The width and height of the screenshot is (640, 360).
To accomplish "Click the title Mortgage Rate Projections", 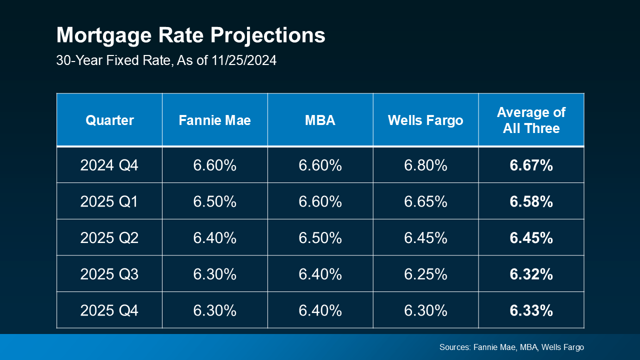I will [190, 36].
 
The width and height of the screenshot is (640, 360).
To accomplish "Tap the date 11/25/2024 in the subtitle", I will [242, 60].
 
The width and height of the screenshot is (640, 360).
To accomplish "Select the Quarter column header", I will [109, 120].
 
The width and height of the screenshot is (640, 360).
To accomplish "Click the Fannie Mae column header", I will [214, 120].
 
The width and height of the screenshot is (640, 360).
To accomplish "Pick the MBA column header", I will [320, 120].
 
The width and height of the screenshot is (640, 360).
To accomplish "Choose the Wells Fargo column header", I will [425, 120].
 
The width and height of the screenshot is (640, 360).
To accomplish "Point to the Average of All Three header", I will [531, 120].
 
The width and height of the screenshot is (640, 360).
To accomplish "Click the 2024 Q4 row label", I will [109, 165].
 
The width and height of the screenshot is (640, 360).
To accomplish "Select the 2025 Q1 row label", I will [109, 201].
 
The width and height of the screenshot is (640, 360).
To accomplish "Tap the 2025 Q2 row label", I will [109, 238].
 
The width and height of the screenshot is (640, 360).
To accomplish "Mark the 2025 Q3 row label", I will [109, 274].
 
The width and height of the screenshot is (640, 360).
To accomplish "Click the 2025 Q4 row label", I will [109, 310].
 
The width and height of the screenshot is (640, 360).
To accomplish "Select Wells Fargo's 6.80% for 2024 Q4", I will [425, 165].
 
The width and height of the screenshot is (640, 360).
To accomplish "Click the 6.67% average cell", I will [531, 165].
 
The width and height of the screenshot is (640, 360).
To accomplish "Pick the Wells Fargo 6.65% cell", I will [425, 201].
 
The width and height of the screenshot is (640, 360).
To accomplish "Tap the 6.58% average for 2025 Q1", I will [531, 201].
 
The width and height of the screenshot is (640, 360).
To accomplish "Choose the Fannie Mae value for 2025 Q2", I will [214, 238].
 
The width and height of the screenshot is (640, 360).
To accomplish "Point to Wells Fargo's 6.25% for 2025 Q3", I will [425, 274].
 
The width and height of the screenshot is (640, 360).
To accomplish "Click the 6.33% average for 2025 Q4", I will [531, 310].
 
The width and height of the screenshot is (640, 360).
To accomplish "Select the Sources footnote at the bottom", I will [511, 347].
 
